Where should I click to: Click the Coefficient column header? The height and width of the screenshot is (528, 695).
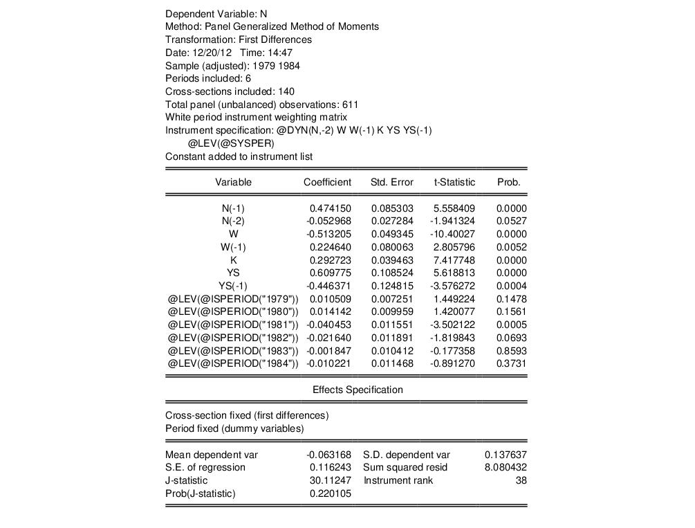pyautogui.click(x=327, y=183)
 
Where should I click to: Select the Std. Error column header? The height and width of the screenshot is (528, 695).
pyautogui.click(x=392, y=183)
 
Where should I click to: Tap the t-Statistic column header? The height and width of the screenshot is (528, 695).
pyautogui.click(x=454, y=183)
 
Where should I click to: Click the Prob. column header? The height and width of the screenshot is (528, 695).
pyautogui.click(x=508, y=183)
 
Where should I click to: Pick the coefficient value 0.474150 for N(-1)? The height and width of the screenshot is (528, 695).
pyautogui.click(x=331, y=208)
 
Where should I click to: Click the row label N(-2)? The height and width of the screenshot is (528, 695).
pyautogui.click(x=233, y=221)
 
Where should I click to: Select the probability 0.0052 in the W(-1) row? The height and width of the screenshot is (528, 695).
pyautogui.click(x=512, y=247)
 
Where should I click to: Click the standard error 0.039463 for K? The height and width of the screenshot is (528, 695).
pyautogui.click(x=392, y=260)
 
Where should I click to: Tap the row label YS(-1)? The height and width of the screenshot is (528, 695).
pyautogui.click(x=233, y=286)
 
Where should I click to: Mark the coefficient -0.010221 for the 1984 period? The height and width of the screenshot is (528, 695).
pyautogui.click(x=328, y=363)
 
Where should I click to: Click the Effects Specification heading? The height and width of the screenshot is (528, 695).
pyautogui.click(x=358, y=390)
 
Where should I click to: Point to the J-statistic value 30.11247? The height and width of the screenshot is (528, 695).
pyautogui.click(x=331, y=480)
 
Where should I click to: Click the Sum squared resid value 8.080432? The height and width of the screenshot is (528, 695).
pyautogui.click(x=506, y=467)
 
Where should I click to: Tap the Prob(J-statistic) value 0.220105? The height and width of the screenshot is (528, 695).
pyautogui.click(x=331, y=493)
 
